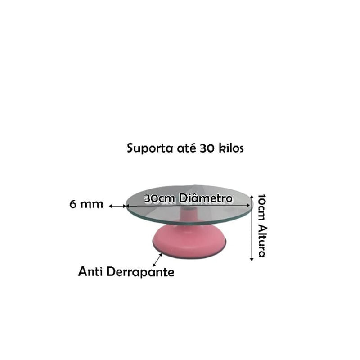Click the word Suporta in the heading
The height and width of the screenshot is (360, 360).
coord(150,148)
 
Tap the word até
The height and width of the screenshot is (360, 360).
coord(186,148)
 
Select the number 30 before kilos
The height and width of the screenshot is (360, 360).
coord(207,148)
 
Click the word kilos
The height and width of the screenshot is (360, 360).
coord(231,148)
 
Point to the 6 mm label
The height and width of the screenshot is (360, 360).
coord(86,204)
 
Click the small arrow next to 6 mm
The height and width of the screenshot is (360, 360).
coord(117,206)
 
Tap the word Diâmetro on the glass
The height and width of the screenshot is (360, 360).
coord(206,198)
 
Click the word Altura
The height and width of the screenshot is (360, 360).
coord(262,241)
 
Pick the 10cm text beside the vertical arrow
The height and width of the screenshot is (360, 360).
coord(262,208)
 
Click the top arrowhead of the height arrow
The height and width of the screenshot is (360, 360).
coord(252,197)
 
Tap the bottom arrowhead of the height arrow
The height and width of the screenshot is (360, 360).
coord(252,259)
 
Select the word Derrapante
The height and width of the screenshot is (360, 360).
coord(140,272)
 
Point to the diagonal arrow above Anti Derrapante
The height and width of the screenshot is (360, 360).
coord(157,260)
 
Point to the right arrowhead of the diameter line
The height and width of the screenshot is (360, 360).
coord(248,206)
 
